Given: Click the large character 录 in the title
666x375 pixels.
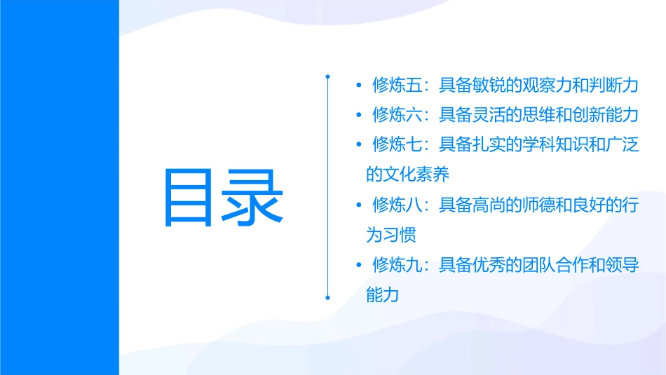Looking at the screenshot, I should tap(253, 197).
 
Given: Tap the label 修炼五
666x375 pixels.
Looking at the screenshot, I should tap(397, 85).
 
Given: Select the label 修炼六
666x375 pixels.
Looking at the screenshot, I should tap(397, 114).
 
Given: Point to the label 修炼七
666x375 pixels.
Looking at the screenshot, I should tap(397, 144).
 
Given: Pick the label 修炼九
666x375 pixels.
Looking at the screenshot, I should tap(397, 265).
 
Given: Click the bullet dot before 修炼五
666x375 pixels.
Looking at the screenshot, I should tap(359, 85).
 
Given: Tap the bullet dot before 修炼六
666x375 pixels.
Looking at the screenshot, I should tap(359, 114).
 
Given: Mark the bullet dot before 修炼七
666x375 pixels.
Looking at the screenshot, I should tap(359, 144).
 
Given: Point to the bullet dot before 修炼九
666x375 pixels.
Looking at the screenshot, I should tap(359, 265).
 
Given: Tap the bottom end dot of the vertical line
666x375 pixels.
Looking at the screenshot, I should tap(328, 297).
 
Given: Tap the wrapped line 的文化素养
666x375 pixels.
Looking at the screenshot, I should tap(407, 175).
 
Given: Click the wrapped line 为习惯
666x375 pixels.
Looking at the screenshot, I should tap(390, 235).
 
